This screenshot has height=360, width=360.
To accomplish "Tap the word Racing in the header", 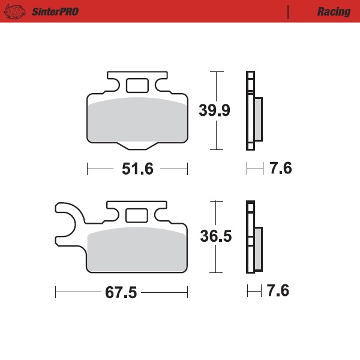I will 334,11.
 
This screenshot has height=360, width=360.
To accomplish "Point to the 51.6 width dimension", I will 138,169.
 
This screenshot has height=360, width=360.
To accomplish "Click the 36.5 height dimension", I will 216,236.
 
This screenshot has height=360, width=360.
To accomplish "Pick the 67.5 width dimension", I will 121,293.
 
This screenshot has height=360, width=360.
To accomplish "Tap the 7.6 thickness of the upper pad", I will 280,169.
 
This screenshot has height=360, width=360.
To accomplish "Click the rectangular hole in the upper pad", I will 137,86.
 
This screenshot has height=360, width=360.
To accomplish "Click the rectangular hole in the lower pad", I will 137,215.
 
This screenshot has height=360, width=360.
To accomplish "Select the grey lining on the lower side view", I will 259,248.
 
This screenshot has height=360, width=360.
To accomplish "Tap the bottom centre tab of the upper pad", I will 137,145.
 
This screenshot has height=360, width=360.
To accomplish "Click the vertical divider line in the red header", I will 289,11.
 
